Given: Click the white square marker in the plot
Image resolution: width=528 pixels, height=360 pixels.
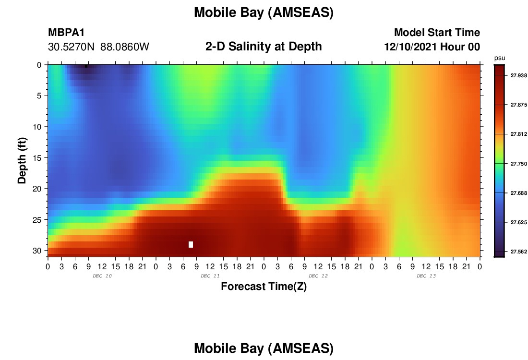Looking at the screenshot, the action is tap(191, 244).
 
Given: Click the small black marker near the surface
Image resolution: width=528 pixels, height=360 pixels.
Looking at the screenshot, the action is tap(86, 66).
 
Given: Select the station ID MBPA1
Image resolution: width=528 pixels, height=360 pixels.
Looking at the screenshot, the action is tap(66, 32).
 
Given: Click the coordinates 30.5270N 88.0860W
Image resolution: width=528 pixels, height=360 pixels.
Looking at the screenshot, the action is tap(99, 47).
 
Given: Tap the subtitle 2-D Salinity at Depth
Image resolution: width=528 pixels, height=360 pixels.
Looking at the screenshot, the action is tap(264, 47).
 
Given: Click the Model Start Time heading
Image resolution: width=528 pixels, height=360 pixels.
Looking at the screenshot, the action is tap(437, 32).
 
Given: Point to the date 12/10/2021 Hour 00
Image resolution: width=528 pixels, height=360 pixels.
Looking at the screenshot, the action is tap(432, 47).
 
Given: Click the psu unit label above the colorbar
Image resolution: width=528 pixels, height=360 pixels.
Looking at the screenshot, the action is tap(500, 58).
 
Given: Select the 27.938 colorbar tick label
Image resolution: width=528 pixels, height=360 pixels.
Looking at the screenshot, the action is tap(518, 75).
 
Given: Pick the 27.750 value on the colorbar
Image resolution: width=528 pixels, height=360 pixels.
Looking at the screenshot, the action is tap(518, 164).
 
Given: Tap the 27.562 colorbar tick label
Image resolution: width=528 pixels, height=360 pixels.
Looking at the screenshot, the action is tap(518, 252).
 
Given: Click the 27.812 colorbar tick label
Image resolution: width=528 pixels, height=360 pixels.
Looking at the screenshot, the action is tap(518, 134).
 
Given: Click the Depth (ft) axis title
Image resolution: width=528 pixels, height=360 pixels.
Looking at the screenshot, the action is tap(22, 161).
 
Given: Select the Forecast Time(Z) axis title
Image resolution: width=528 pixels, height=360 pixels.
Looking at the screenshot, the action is tap(264, 286).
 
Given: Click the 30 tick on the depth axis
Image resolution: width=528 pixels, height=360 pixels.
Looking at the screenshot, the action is tap(37, 251).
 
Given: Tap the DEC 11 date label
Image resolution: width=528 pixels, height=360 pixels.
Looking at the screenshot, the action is tap(210, 276).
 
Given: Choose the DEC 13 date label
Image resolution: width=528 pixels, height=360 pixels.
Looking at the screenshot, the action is tap(426, 276).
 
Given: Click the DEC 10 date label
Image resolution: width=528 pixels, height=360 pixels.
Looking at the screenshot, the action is tap(102, 276).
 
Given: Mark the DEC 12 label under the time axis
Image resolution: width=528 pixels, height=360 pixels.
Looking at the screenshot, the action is tap(318, 276).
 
